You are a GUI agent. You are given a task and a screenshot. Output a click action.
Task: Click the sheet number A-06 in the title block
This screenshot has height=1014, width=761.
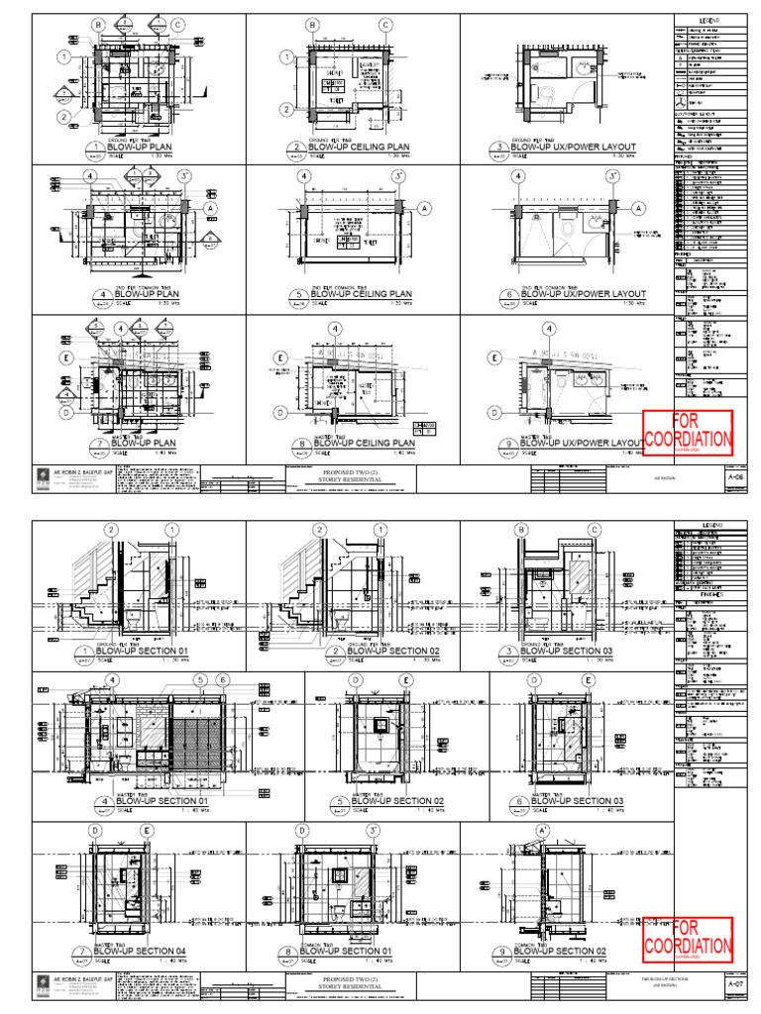click(x=735, y=476)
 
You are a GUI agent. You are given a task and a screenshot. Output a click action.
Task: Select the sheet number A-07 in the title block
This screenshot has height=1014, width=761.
click(x=735, y=986)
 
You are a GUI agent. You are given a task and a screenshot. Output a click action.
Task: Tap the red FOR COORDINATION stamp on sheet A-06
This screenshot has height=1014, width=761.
click(x=688, y=433)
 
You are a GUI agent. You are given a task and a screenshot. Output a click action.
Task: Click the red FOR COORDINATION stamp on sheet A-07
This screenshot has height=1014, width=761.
click(x=688, y=942)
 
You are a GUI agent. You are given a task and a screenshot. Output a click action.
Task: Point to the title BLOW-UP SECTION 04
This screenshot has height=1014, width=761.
click(x=159, y=952)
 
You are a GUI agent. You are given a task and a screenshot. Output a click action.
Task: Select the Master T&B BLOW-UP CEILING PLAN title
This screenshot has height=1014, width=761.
click(x=362, y=444)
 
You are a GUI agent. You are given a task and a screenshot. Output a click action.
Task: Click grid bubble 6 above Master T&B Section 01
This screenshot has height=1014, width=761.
click(x=223, y=679)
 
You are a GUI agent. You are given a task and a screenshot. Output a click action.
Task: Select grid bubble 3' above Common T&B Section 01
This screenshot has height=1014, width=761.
click(x=374, y=831)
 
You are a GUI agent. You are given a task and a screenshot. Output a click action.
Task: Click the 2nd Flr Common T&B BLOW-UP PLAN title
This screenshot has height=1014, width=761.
click(x=149, y=294)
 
